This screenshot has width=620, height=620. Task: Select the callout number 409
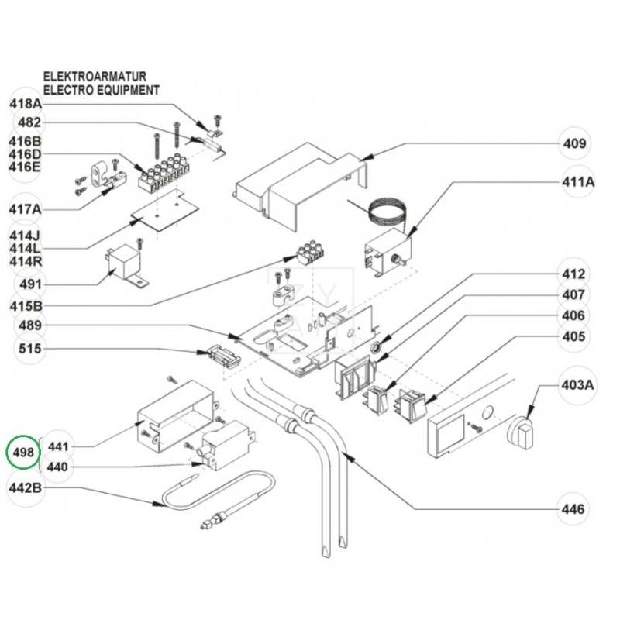click(574, 143)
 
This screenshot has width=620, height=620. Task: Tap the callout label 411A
click(577, 182)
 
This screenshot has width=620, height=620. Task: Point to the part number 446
click(574, 509)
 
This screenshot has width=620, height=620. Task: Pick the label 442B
click(26, 489)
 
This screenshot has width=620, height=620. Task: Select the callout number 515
click(29, 350)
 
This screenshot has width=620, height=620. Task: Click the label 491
click(29, 284)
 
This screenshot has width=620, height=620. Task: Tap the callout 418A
click(26, 103)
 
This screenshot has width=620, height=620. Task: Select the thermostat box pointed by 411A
click(385, 252)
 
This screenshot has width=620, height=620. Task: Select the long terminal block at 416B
click(165, 175)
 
